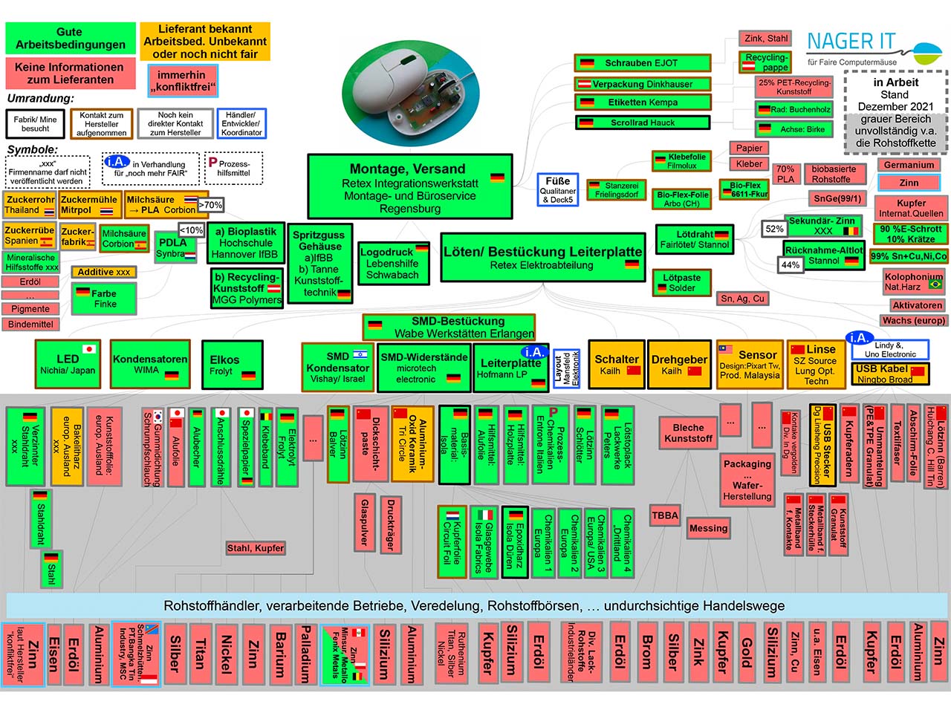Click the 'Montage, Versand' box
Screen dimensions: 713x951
coord(409,186)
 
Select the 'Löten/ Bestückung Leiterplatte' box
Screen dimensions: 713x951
coord(542,257)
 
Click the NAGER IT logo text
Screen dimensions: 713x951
coord(851,42)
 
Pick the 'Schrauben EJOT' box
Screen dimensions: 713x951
coord(642,63)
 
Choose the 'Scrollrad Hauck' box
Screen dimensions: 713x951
coord(642,123)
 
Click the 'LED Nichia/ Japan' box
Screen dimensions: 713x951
coord(68,364)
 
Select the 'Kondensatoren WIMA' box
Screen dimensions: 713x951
coord(150,364)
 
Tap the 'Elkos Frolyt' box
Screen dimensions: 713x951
coord(232,365)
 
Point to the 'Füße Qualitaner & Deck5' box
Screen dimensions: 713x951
coord(558,189)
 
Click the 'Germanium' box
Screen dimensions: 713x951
coord(909,165)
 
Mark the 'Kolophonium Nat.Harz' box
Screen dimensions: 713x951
coord(912,281)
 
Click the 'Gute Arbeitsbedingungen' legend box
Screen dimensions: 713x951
coord(71,39)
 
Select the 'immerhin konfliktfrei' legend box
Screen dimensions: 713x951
coord(183,81)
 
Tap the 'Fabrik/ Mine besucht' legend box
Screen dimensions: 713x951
coord(36,123)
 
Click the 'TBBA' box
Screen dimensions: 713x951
coord(665,515)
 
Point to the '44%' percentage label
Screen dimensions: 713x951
coord(791,265)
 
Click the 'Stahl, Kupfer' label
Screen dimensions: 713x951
coord(256,548)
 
